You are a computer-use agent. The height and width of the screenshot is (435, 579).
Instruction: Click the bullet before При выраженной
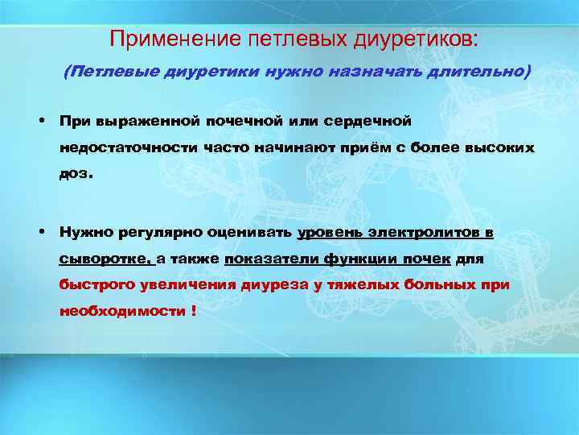point(39,120)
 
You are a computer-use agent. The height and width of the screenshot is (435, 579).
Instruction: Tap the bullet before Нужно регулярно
point(39,232)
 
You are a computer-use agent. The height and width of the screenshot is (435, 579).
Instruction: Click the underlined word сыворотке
point(105,259)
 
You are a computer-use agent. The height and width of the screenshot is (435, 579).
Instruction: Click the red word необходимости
point(122,312)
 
